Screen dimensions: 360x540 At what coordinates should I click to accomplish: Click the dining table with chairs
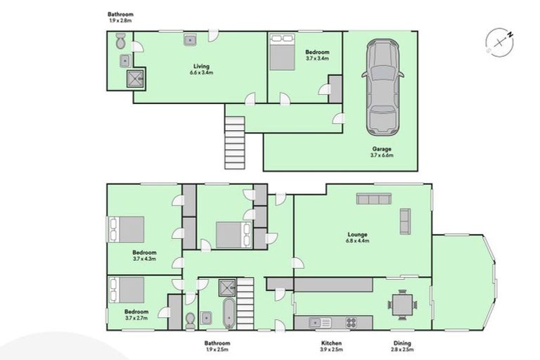coord(401,304)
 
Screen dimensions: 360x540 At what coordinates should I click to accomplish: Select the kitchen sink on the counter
coord(316,322)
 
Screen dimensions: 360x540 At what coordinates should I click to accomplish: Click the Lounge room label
coord(359,238)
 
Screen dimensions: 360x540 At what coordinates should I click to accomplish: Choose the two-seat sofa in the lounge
coord(405,221)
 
